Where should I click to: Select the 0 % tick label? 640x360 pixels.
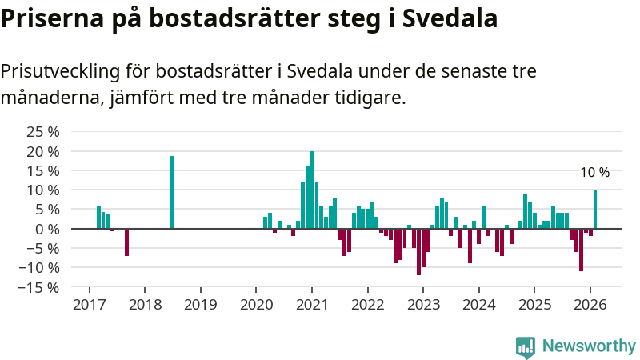pos(46,229)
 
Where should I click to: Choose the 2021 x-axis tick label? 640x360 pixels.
pos(312,305)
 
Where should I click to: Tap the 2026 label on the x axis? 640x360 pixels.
pos(590,305)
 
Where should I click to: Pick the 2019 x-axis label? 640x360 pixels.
pos(200,305)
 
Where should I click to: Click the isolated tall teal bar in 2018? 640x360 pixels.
pos(172,192)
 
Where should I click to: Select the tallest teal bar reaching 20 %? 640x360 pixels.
pos(312,190)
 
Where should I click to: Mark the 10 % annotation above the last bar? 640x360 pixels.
pos(594,173)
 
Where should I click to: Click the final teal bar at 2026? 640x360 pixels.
pos(595,209)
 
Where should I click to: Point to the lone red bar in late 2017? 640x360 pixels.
pos(126,242)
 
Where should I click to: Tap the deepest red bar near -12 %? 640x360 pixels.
pos(418,252)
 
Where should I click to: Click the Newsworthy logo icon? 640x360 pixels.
pos(526,346)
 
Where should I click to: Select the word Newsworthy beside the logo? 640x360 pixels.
pos(589,346)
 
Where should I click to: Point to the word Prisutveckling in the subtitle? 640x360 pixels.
pos(60,71)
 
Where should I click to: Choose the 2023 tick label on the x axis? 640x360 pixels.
pos(424,305)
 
